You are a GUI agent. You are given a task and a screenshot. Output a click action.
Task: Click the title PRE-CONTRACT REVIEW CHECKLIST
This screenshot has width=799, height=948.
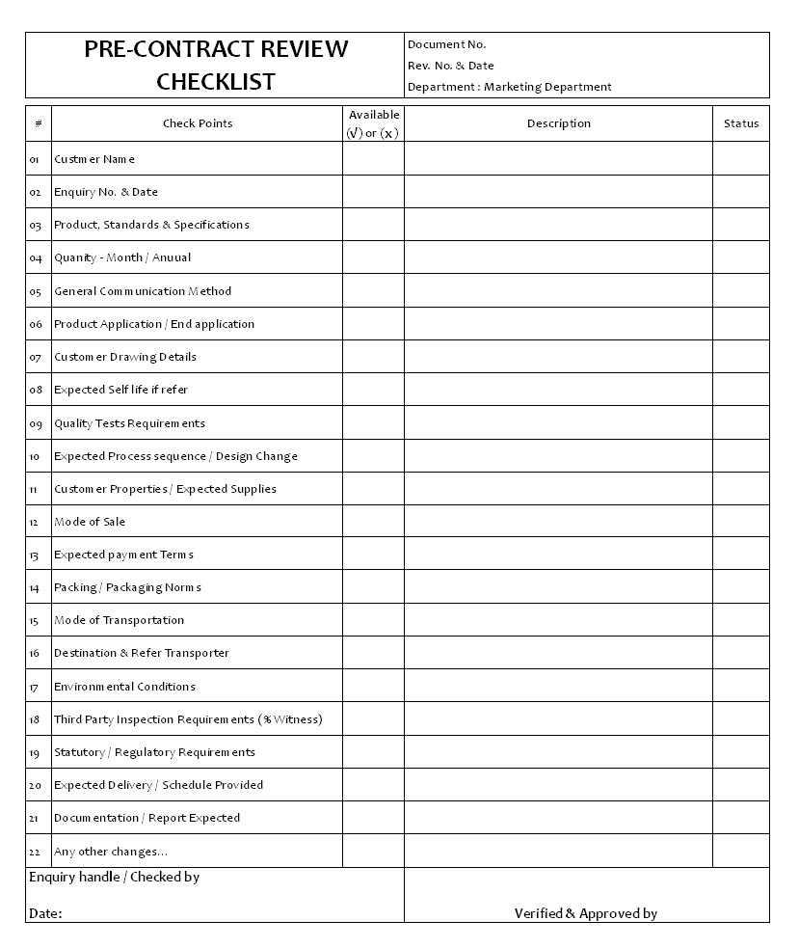tap(216, 65)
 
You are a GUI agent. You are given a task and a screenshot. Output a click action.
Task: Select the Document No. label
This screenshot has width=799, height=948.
tap(447, 44)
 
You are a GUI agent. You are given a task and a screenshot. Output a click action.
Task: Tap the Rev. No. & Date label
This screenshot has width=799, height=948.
tap(451, 66)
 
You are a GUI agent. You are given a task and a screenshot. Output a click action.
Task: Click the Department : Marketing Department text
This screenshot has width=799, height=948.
tap(510, 87)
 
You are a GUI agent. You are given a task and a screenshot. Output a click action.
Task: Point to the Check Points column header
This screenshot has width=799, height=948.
tap(198, 123)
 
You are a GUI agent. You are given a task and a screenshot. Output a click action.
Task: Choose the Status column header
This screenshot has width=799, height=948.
tap(741, 123)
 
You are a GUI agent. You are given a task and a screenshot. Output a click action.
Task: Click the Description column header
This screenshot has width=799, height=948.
tap(559, 123)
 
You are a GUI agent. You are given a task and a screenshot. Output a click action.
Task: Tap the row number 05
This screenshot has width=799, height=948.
tap(36, 291)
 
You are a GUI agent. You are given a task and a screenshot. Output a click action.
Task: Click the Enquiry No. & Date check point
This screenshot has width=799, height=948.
tap(106, 192)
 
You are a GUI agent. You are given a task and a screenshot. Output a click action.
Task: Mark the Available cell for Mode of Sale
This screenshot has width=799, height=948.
tap(373, 522)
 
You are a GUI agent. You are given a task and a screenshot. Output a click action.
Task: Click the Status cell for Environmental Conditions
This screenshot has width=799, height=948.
tap(741, 687)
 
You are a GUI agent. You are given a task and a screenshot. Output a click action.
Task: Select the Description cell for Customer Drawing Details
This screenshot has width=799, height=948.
tap(559, 357)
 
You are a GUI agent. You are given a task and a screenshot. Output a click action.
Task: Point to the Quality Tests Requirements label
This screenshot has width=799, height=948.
tap(129, 423)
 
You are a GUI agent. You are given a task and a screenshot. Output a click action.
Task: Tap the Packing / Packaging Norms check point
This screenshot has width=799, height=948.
tap(127, 587)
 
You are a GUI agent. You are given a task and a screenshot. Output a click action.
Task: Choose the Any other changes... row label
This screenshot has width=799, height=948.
tap(111, 852)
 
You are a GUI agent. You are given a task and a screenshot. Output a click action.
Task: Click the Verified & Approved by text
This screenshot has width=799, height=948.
tap(586, 913)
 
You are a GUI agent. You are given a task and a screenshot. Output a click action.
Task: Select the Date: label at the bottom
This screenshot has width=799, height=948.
tap(45, 913)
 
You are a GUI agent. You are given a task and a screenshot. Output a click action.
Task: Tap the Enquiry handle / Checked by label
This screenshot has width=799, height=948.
tap(115, 878)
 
